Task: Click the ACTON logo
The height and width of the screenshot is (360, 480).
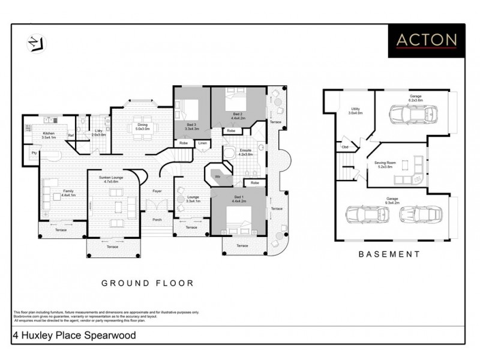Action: coord(427,40)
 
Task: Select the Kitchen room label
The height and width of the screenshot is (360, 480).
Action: coord(49,135)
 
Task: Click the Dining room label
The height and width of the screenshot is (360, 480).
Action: coord(142,127)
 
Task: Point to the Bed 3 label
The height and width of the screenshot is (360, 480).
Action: coord(191,126)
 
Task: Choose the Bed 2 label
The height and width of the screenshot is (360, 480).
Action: coord(237,115)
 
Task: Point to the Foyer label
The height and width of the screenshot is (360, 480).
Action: coord(157,191)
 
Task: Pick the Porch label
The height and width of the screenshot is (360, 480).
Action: coord(157,220)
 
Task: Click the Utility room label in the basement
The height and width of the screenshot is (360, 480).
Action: coord(355,110)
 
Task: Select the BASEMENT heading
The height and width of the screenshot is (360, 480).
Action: coord(389,254)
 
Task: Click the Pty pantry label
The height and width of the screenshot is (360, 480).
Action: coord(35,152)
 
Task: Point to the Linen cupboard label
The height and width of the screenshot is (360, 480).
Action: coord(202,143)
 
